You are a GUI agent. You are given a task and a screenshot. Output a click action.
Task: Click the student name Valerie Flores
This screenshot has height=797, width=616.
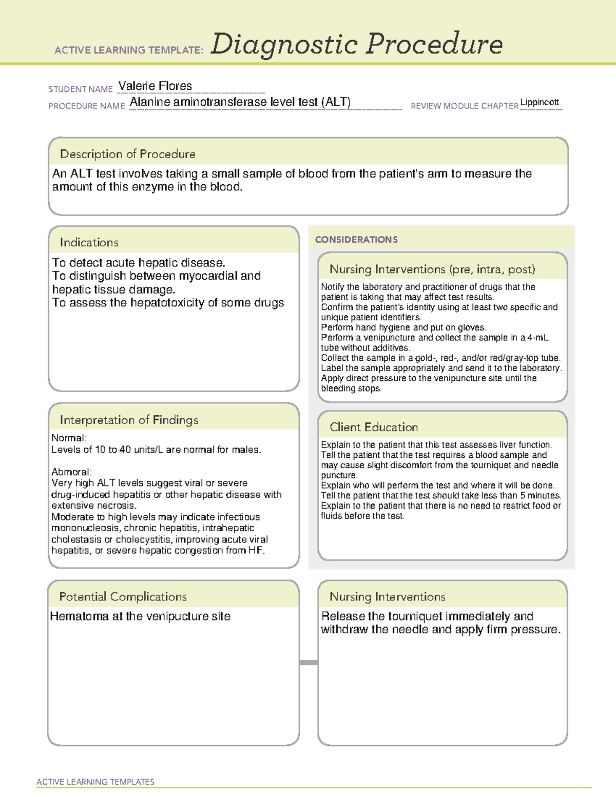tap(155, 86)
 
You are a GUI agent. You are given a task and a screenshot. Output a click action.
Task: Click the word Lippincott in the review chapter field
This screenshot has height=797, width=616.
tap(539, 102)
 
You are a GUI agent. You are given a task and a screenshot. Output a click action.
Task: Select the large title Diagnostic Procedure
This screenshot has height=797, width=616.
tap(356, 44)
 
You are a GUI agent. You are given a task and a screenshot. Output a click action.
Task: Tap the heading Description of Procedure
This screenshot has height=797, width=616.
tap(127, 154)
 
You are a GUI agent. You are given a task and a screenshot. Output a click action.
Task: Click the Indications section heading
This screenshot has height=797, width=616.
tap(89, 242)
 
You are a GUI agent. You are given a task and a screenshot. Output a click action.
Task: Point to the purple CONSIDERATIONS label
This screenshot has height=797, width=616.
tap(356, 240)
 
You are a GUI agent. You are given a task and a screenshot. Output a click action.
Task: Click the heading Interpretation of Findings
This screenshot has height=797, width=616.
tap(129, 420)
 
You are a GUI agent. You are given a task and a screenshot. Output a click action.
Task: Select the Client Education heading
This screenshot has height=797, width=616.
tap(374, 427)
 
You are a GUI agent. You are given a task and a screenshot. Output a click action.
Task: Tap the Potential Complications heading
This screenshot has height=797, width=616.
tap(123, 596)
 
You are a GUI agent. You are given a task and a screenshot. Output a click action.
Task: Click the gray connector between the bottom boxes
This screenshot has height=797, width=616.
tap(309, 663)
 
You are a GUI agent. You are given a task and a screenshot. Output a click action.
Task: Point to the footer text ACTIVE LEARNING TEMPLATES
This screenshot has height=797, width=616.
tap(95, 782)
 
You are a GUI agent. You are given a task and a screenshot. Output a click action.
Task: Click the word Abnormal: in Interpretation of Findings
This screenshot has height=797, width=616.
tap(71, 472)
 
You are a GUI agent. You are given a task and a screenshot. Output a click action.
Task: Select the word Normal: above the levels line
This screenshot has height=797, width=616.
tap(69, 438)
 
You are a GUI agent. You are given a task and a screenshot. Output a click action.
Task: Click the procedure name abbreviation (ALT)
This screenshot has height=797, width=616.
tap(336, 102)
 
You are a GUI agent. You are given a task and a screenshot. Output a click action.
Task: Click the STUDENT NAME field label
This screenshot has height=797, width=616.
tap(81, 89)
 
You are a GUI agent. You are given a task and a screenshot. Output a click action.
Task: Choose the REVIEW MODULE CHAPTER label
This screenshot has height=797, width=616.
tap(464, 106)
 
